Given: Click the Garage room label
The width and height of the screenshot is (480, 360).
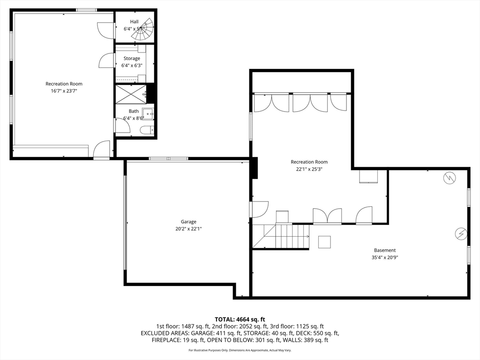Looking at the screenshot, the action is click(x=188, y=222).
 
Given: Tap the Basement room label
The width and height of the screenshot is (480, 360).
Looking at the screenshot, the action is click(x=385, y=250).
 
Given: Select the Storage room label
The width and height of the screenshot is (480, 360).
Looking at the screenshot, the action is click(x=132, y=58).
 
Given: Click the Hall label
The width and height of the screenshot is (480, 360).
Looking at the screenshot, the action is click(x=134, y=22).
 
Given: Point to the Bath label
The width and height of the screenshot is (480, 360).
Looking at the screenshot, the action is click(x=134, y=111).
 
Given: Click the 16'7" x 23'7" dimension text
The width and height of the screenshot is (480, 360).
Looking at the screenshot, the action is click(x=64, y=91).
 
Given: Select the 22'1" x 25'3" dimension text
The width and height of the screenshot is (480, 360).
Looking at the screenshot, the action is click(x=309, y=169).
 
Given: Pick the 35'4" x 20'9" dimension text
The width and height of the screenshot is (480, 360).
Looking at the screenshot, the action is click(x=385, y=257).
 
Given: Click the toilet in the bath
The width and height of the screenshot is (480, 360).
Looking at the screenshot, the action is click(x=147, y=130).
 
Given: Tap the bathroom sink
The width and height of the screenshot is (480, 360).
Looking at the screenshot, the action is click(x=148, y=113).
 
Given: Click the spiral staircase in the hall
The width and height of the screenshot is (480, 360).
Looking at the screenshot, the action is click(x=143, y=30).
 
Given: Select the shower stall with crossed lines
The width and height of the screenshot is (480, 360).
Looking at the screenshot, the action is click(x=131, y=94).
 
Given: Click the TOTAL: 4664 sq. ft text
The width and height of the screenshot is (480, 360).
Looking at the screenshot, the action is click(x=240, y=320).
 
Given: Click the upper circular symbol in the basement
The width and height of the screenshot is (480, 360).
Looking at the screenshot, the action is click(x=450, y=178).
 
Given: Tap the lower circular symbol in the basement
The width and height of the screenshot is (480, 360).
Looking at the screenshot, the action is click(x=461, y=234).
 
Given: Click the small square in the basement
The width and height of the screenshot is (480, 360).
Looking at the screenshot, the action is click(x=324, y=242).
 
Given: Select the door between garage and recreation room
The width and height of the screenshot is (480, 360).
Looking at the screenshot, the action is click(x=259, y=210).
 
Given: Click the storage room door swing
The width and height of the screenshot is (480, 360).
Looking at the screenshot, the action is click(x=106, y=60).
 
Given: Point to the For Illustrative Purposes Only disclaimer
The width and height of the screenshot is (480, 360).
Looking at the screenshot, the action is click(x=240, y=350).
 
